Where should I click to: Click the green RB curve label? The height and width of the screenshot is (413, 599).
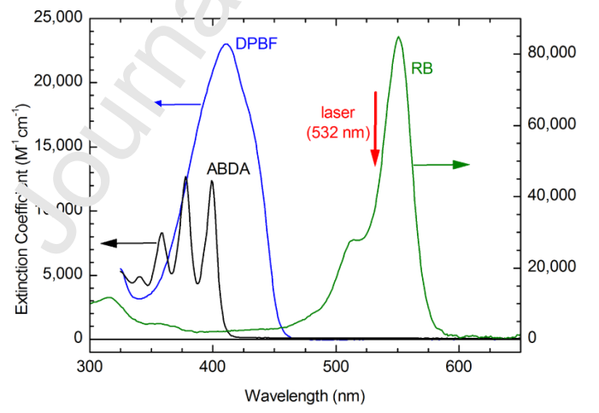pyautogui.click(x=421, y=67)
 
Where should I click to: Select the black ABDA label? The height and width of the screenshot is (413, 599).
pyautogui.click(x=228, y=168)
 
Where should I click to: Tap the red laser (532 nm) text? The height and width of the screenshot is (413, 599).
pyautogui.click(x=337, y=122)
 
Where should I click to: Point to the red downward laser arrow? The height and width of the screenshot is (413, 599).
pyautogui.click(x=374, y=128)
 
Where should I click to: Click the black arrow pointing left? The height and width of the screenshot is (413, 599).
pyautogui.click(x=128, y=243)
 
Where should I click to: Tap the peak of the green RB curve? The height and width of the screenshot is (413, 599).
pyautogui.click(x=398, y=37)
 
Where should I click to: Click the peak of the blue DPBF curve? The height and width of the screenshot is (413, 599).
pyautogui.click(x=226, y=44)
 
